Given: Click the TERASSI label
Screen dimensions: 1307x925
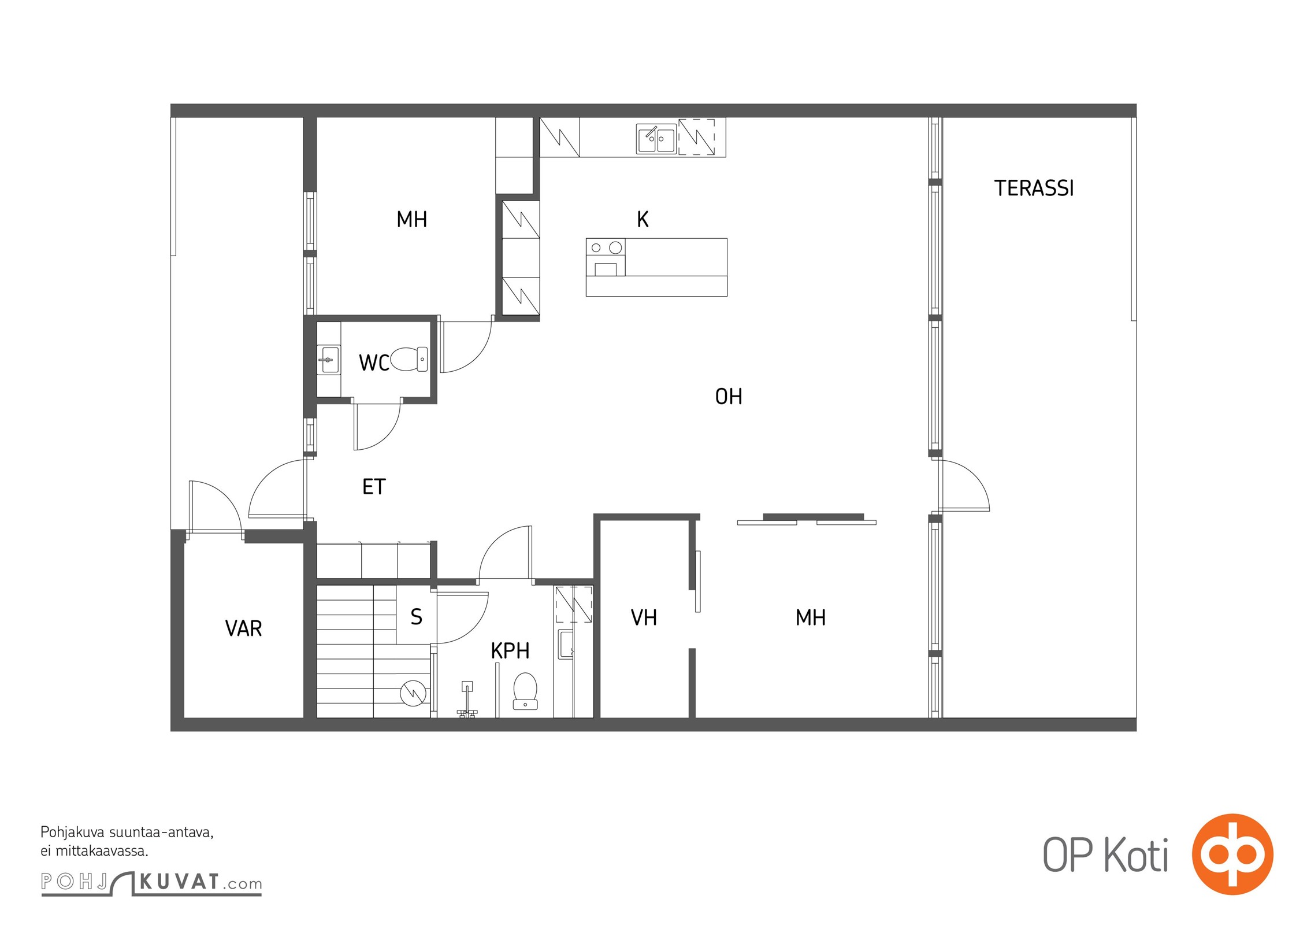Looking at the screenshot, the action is pos(1034,188).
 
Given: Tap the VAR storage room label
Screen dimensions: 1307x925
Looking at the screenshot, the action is pos(243,628).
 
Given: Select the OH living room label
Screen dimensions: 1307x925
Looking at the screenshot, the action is pos(729,397).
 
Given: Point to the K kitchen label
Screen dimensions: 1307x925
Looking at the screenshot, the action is pos(643,220).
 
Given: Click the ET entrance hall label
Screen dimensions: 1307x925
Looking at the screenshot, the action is pos(374,487).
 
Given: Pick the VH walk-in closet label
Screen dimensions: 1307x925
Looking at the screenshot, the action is pos(644,618).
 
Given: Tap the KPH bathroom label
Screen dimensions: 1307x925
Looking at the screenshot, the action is pos(510,651).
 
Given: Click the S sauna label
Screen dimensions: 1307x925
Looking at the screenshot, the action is pos(416,617).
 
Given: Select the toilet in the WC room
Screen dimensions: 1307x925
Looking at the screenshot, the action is pos(409,359).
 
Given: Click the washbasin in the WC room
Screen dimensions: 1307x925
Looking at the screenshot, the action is pos(329,360).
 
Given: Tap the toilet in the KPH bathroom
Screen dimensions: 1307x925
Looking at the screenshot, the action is pos(525,690).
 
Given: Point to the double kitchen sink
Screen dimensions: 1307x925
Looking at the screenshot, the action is pos(656,139).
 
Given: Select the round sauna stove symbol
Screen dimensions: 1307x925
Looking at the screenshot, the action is pos(413,693).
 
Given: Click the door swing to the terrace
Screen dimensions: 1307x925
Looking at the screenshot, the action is pos(963,486).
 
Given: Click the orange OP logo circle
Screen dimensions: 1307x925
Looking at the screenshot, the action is pos(1232,854).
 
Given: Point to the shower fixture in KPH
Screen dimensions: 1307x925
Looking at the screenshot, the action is pos(467,699).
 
